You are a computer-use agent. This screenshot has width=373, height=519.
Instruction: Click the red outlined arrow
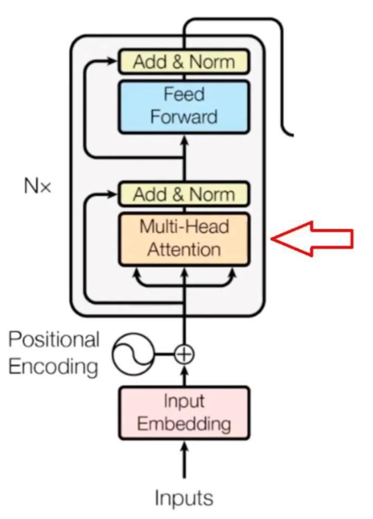tap(312, 238)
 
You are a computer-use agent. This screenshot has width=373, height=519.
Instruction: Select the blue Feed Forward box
tap(184, 106)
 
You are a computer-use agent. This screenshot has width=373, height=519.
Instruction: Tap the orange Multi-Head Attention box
tap(184, 239)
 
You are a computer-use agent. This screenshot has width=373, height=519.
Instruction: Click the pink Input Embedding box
tap(184, 413)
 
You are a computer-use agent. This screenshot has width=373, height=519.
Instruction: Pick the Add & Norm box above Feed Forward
tap(184, 61)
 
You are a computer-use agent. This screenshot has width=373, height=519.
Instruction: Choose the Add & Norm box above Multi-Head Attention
tap(184, 194)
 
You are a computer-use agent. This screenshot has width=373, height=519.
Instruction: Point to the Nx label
tap(38, 186)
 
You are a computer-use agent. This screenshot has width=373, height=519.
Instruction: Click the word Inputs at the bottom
tap(184, 498)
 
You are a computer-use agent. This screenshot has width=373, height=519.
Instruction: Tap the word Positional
tap(54, 340)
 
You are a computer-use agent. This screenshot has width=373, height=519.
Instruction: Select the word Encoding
tap(54, 367)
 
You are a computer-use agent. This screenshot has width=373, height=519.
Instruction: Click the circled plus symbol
tap(184, 354)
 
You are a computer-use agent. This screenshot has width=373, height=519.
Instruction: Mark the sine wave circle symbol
tap(133, 354)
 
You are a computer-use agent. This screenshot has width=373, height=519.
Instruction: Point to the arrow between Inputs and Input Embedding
tap(185, 459)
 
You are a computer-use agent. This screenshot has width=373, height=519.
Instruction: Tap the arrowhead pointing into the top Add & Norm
tap(113, 61)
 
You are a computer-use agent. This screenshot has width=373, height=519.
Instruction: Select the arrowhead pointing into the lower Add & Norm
tap(113, 194)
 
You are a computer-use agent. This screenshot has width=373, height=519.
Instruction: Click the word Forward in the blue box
tap(184, 117)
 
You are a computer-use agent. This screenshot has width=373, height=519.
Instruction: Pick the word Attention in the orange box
tap(184, 249)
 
